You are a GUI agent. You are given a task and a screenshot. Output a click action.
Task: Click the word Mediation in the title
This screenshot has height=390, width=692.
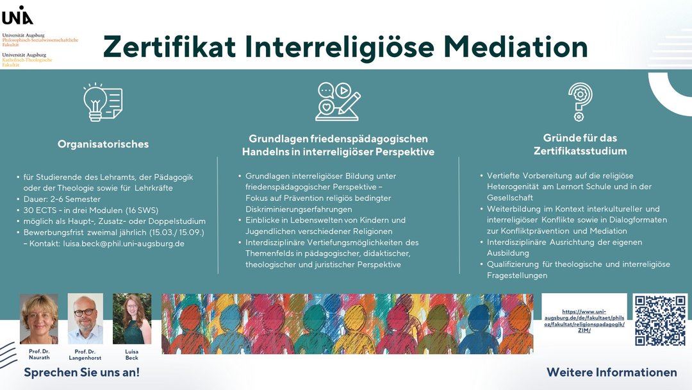[515, 47]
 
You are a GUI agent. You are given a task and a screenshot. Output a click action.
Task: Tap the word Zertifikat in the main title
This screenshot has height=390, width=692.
[169, 47]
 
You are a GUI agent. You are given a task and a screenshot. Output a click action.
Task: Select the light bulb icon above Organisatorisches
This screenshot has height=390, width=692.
[103, 102]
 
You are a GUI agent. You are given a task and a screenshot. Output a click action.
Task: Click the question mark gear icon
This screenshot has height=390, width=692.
[580, 102]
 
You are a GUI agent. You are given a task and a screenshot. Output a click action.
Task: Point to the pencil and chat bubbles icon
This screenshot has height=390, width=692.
[338, 101]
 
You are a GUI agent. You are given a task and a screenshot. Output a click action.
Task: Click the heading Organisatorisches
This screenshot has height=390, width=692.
[103, 144]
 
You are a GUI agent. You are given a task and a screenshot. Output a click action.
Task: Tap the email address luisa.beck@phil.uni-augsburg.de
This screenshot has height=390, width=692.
[124, 244]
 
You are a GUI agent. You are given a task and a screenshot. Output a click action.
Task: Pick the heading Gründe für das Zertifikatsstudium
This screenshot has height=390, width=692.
[580, 144]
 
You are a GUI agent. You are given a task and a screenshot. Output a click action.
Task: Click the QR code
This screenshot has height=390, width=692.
[660, 320]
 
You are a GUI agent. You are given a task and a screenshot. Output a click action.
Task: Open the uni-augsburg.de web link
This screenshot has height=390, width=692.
[584, 321]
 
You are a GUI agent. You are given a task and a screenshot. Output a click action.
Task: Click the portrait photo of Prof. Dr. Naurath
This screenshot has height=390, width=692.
[39, 319]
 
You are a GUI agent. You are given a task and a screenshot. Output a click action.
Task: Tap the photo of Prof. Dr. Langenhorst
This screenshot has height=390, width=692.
[85, 319]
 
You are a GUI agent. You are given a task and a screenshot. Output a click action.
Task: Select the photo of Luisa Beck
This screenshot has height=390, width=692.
[132, 319]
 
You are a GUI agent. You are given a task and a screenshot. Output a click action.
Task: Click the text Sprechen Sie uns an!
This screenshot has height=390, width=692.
[81, 372]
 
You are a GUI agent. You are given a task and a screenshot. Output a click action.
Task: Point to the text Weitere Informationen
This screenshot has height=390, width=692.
[612, 372]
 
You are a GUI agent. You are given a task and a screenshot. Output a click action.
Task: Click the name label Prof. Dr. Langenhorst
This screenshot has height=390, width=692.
[85, 355]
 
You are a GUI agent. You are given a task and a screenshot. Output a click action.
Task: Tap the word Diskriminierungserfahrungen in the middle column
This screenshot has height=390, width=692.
[299, 209]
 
